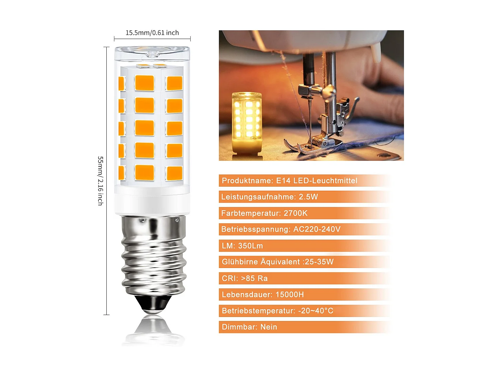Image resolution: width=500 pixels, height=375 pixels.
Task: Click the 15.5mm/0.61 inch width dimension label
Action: tap(152, 33)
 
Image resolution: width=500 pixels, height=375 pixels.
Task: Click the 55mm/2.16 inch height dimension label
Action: tap(100, 181)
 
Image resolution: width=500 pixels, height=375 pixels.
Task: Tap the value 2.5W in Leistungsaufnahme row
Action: tap(308, 197)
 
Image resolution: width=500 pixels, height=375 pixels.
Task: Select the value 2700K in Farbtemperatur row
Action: tap(296, 213)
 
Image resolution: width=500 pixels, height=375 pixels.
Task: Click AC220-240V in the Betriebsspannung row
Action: tap(317, 229)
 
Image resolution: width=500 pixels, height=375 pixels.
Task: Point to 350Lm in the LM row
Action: tap(250, 246)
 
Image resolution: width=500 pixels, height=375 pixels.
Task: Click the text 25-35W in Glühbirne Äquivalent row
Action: tap(319, 262)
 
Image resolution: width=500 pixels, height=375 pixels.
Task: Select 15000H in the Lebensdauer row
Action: tap(290, 295)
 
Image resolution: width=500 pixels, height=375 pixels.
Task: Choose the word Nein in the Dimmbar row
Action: tap(269, 327)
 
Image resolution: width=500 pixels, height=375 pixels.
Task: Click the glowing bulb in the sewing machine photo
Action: tap(247, 122)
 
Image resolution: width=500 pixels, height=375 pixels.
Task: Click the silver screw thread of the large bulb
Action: tap(153, 257)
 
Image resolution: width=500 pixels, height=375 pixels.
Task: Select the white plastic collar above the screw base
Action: tap(152, 204)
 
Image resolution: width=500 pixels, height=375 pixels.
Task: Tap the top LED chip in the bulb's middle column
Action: tap(144, 83)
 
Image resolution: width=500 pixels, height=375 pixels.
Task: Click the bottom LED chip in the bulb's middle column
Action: tap(144, 173)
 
